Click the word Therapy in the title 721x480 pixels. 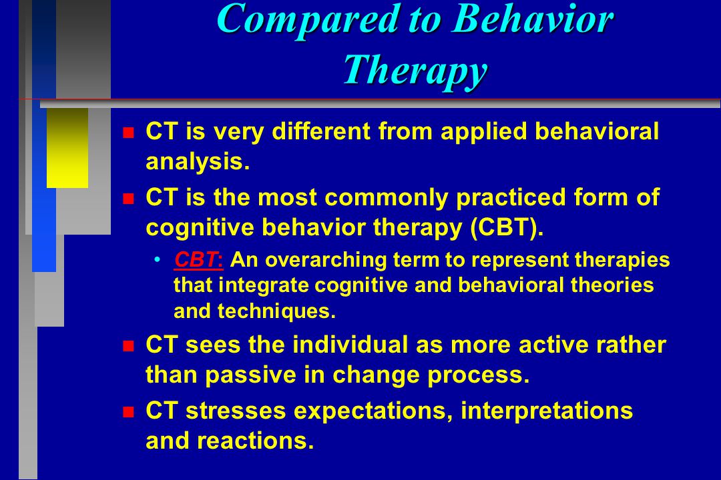(x=415, y=70)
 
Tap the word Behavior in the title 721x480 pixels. (x=533, y=19)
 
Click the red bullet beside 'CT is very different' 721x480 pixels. (x=128, y=133)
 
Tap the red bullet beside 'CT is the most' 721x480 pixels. (x=128, y=199)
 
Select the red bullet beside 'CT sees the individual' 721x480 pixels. (x=128, y=346)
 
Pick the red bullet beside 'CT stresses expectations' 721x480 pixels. (x=128, y=412)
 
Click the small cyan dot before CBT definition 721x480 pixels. (x=158, y=260)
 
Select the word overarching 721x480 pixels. (x=326, y=261)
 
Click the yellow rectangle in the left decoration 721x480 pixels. (x=67, y=148)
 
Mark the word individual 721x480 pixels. (x=350, y=345)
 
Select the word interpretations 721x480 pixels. (x=547, y=411)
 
